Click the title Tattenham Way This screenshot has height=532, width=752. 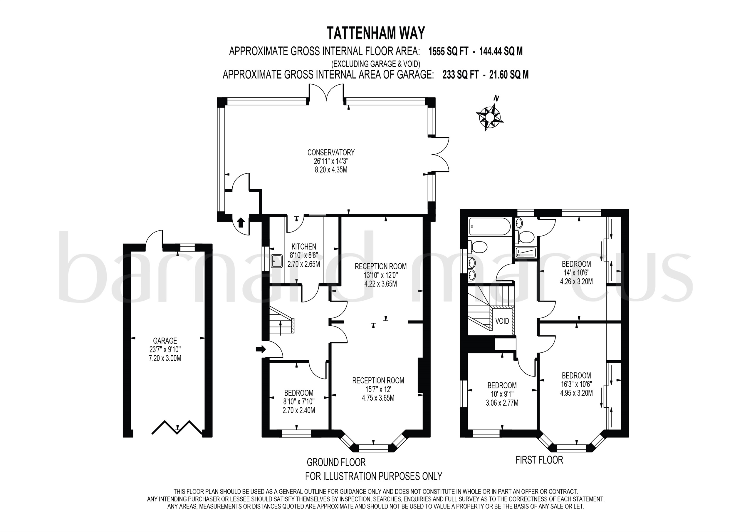pos(376,33)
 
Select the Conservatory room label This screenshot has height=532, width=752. pos(331,153)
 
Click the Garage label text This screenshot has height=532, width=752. pos(165,341)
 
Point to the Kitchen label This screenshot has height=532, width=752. pos(304,247)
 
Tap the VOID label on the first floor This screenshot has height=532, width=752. pos(502,321)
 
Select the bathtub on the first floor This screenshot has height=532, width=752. pos(489,227)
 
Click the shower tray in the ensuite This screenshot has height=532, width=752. pos(525,252)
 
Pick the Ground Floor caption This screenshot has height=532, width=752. pos(336,463)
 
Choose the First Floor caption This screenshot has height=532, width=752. pos(539,460)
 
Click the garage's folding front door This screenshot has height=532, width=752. pos(177,427)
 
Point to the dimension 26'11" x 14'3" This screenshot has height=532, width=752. pos(331,161)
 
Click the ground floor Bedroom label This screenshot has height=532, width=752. pos(299,393)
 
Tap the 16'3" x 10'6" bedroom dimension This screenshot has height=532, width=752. pos(576,384)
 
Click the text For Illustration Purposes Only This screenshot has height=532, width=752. pos(374,476)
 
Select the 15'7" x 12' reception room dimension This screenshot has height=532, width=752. pos(378,389)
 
